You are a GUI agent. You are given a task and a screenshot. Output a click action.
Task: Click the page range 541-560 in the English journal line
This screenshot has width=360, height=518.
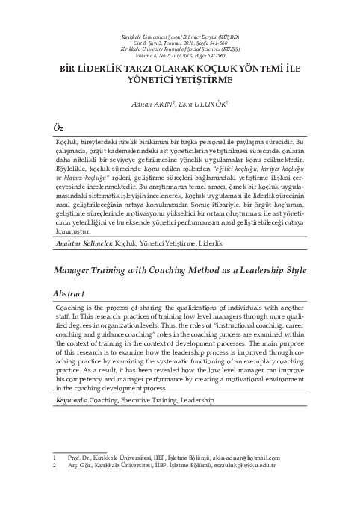225,55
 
